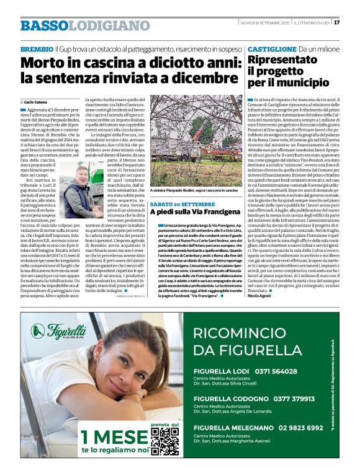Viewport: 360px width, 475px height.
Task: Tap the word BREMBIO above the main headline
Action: (37, 48)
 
